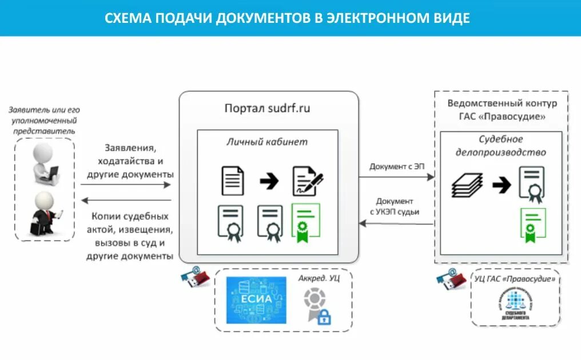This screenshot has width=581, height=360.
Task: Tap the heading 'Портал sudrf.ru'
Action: (x=268, y=109)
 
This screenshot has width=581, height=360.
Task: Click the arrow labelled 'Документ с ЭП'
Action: (x=397, y=177)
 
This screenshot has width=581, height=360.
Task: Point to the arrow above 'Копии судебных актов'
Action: (x=126, y=200)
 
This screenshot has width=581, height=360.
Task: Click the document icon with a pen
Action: (x=307, y=181)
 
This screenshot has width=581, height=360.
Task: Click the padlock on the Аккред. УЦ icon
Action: (x=324, y=317)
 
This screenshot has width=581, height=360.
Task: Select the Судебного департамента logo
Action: (x=513, y=306)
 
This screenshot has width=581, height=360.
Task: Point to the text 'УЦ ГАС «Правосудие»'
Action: (x=515, y=279)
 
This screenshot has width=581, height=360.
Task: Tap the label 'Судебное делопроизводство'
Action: (x=500, y=146)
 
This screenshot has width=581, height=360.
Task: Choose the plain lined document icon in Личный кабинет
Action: (x=232, y=181)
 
